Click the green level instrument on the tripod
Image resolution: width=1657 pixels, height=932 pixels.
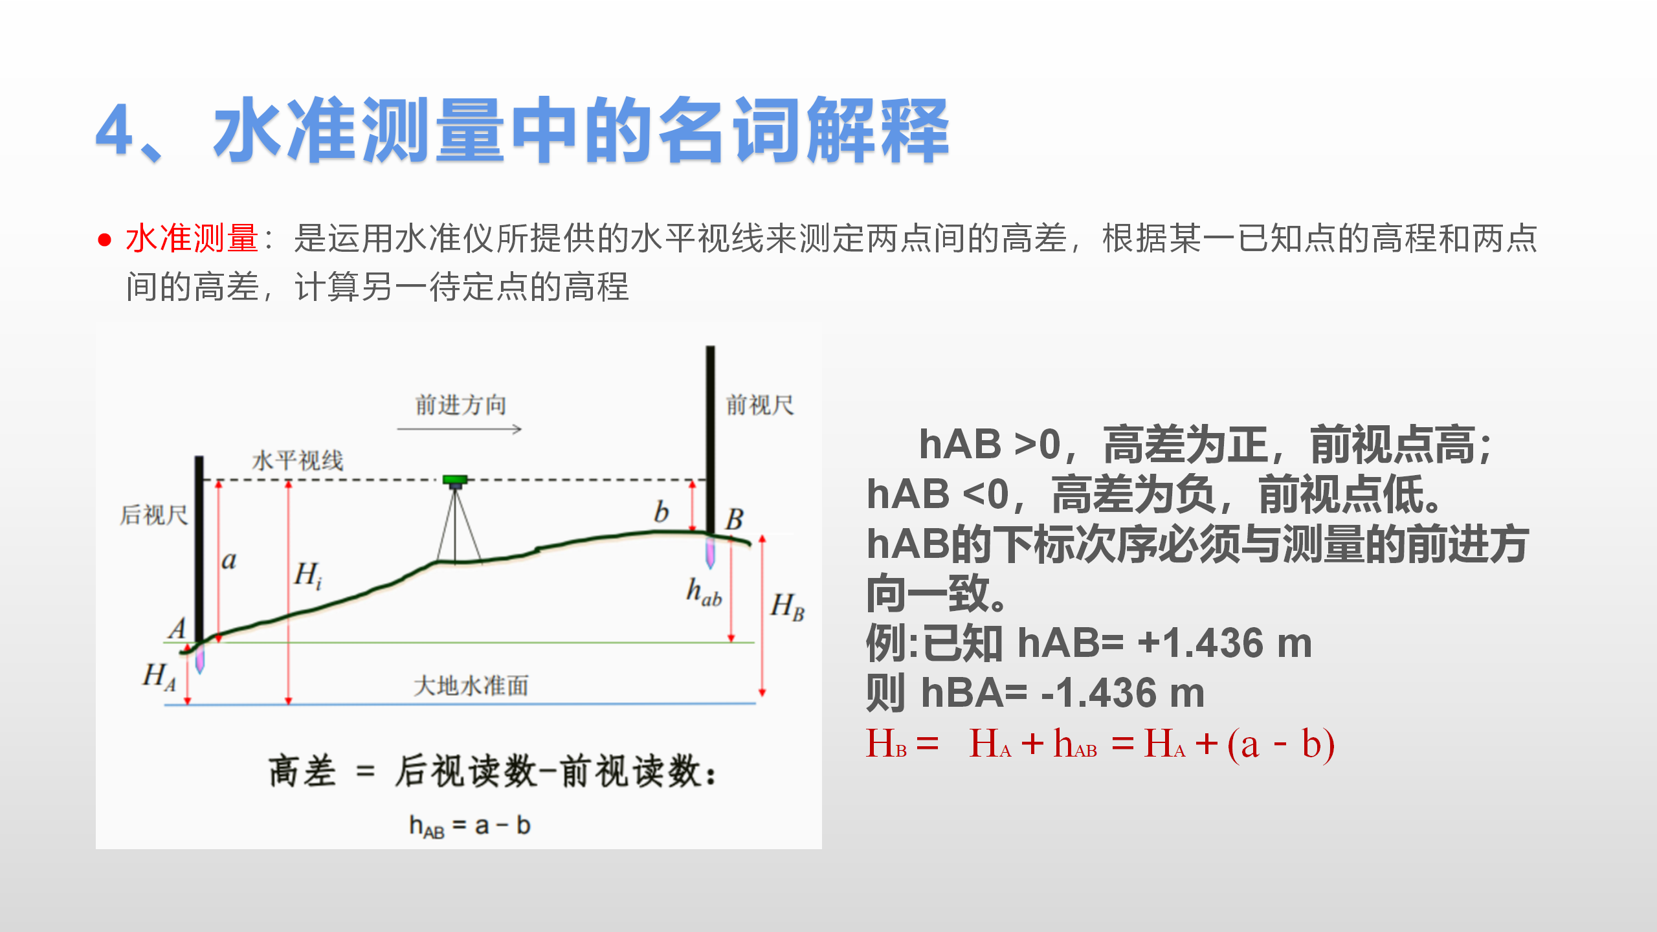(455, 481)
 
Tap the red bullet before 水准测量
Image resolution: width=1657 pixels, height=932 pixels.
(104, 240)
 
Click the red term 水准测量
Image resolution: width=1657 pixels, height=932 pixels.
(192, 238)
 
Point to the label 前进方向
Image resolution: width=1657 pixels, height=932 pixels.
(460, 405)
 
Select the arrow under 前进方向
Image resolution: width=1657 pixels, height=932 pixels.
(460, 428)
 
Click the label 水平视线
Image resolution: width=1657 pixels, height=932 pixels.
(298, 461)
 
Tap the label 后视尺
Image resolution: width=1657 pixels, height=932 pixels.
(154, 515)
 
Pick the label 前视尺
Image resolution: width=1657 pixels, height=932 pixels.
(760, 405)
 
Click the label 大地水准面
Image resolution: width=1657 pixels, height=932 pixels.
(471, 685)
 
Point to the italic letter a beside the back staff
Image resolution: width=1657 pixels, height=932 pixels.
(229, 560)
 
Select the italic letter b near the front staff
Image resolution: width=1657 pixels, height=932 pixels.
(661, 512)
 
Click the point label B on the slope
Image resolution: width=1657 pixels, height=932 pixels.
(735, 519)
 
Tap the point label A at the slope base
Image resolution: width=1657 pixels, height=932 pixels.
(177, 628)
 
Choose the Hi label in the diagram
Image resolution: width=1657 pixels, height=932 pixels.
(308, 575)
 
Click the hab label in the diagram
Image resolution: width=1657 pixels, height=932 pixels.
(704, 592)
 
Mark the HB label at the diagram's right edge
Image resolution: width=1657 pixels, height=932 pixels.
(788, 607)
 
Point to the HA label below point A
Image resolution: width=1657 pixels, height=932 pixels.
(159, 676)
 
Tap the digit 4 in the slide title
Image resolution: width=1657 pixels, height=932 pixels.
(115, 131)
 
